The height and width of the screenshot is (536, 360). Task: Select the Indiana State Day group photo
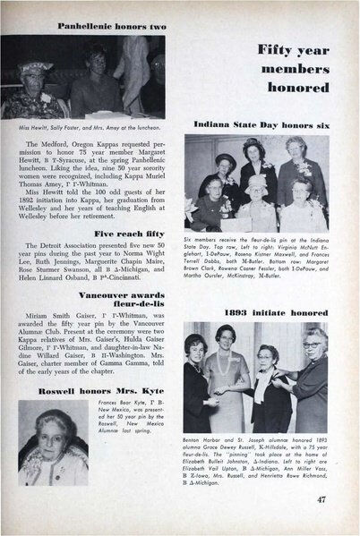[x=268, y=183]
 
